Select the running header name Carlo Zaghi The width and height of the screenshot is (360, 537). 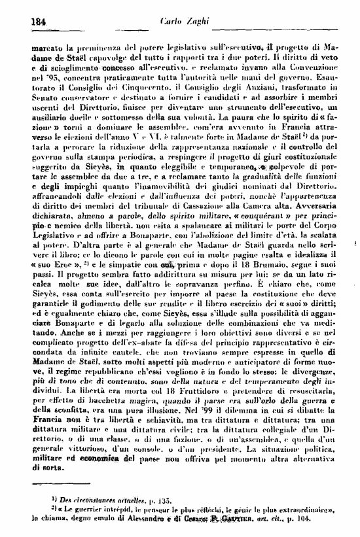pyautogui.click(x=181, y=20)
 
